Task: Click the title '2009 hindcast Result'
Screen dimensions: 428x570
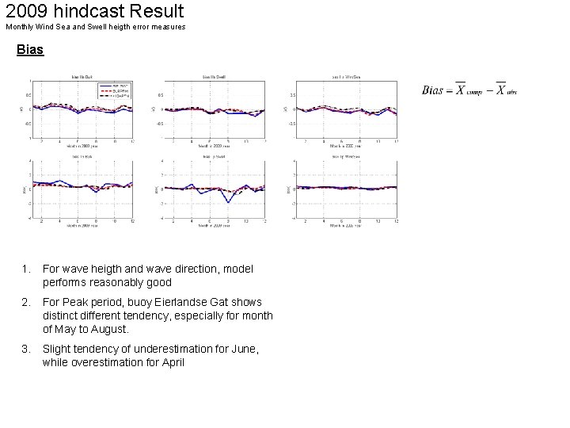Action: coord(94,11)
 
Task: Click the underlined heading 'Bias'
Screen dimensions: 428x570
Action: coord(30,50)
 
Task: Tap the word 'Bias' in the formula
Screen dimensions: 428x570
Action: coord(432,90)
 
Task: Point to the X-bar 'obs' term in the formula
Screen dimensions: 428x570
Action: coord(505,90)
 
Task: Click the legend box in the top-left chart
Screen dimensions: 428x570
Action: coord(118,89)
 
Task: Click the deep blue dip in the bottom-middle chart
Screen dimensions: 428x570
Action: coord(228,201)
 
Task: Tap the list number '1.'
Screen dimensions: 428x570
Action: coord(26,269)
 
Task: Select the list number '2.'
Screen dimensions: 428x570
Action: coord(26,302)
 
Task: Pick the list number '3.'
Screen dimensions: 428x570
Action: coord(26,349)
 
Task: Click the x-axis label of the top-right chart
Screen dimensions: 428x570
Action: coord(346,146)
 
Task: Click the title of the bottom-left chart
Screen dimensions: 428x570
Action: coord(82,157)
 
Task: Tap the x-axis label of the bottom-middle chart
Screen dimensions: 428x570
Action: coord(214,226)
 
